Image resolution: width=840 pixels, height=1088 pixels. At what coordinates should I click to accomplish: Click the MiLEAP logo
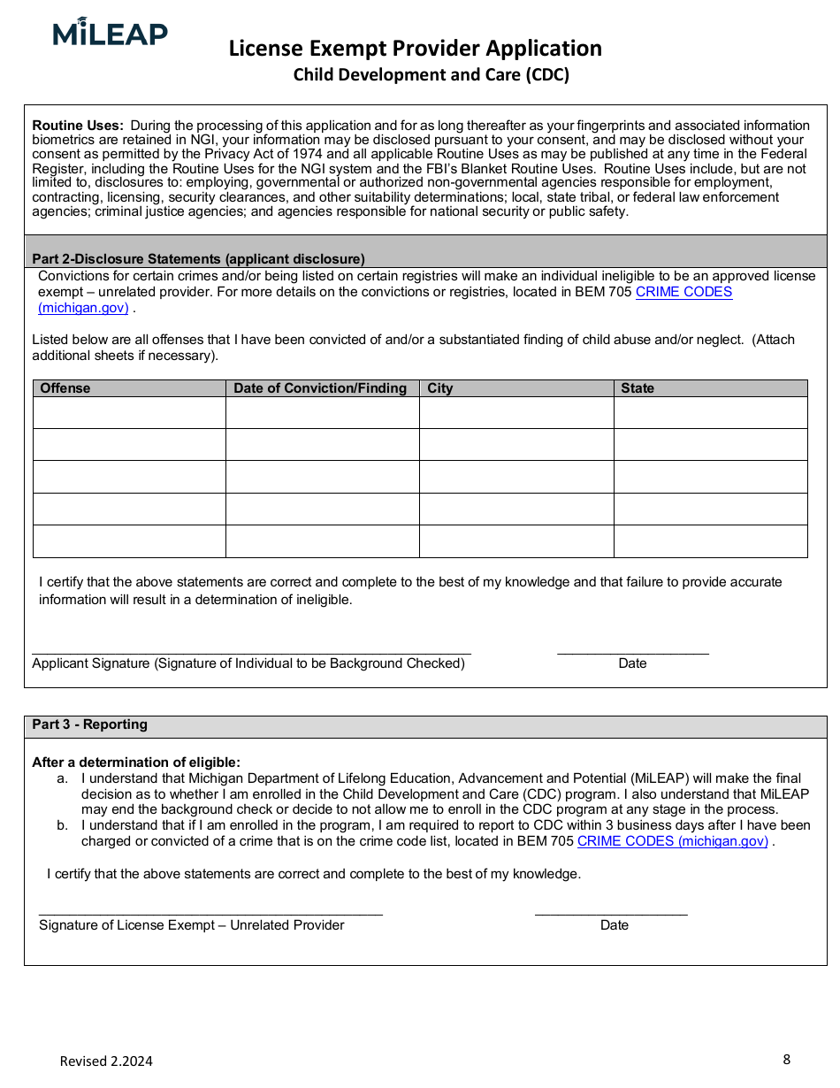[110, 33]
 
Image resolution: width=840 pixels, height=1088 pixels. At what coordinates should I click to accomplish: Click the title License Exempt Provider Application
[415, 48]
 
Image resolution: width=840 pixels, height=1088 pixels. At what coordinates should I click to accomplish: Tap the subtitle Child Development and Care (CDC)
[431, 74]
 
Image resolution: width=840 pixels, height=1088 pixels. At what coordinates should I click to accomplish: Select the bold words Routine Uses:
[78, 126]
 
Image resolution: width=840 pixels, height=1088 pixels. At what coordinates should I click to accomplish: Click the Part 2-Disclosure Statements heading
[198, 259]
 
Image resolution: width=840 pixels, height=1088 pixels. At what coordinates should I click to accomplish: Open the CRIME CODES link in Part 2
[683, 292]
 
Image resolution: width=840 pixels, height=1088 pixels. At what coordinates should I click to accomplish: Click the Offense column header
[65, 388]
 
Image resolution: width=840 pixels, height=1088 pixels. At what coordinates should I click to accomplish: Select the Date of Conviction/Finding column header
[320, 388]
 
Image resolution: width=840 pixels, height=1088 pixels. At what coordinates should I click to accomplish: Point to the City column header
[440, 388]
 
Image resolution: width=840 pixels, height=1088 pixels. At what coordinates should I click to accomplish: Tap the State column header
[638, 388]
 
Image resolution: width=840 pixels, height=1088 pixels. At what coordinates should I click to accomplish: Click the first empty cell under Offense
[129, 412]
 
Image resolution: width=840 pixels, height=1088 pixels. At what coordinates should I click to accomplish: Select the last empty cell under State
[710, 541]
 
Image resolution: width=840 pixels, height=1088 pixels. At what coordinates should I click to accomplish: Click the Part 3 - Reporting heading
[90, 724]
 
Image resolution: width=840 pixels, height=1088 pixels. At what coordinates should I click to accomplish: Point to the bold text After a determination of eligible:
[136, 762]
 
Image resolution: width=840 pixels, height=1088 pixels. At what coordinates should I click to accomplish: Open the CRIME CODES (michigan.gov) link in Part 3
[673, 841]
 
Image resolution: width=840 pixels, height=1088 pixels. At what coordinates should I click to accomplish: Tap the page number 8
[786, 1059]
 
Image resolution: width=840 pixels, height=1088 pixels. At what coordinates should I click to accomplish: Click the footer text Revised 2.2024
[106, 1061]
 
